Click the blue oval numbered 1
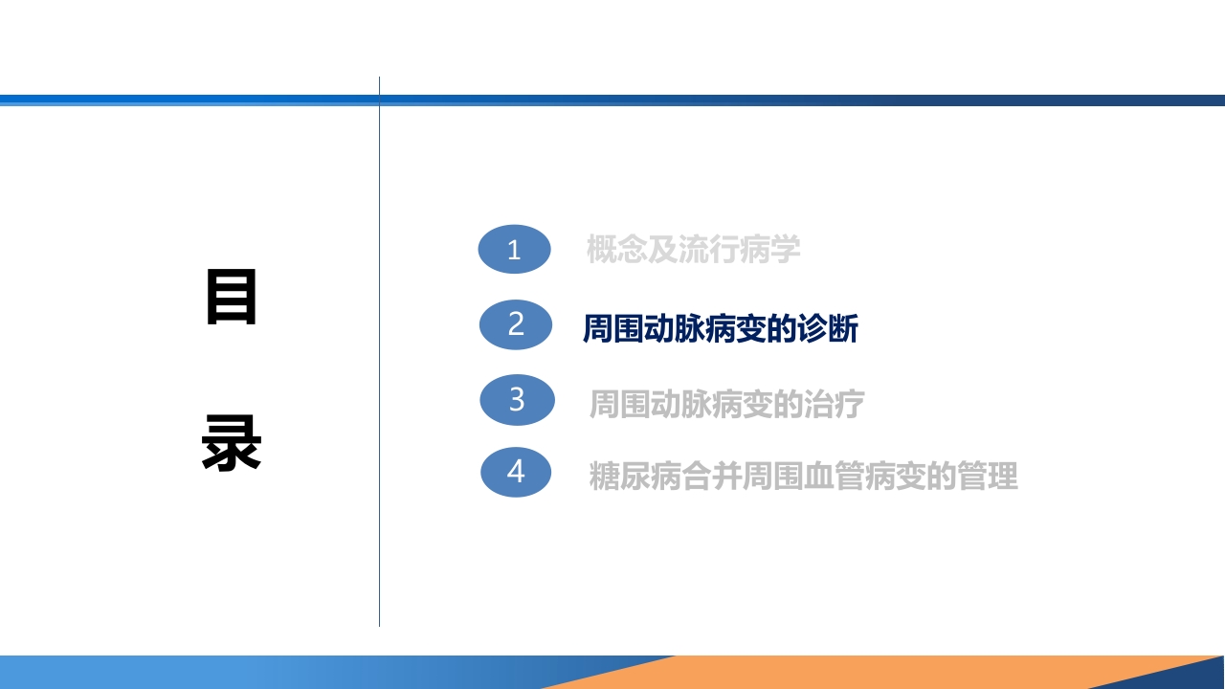click(x=514, y=250)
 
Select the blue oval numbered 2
click(x=516, y=324)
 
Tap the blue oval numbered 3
click(x=517, y=399)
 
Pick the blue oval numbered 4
click(x=516, y=472)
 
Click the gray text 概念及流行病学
click(x=693, y=250)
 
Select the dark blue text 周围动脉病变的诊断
click(x=720, y=328)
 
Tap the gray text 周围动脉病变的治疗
click(x=726, y=404)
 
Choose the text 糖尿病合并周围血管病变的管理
click(x=803, y=476)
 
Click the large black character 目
click(x=232, y=298)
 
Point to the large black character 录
click(x=232, y=443)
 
